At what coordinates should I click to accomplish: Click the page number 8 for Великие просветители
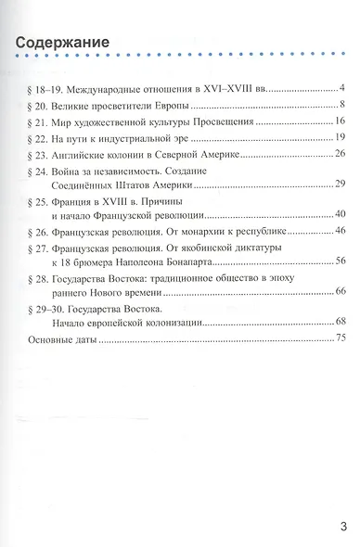tap(343, 104)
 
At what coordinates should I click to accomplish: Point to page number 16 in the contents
tap(341, 121)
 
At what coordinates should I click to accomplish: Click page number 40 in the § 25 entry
tap(341, 214)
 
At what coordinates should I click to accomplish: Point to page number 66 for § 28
tap(341, 292)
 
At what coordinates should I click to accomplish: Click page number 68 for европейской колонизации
tap(341, 322)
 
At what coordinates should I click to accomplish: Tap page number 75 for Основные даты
tap(341, 341)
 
